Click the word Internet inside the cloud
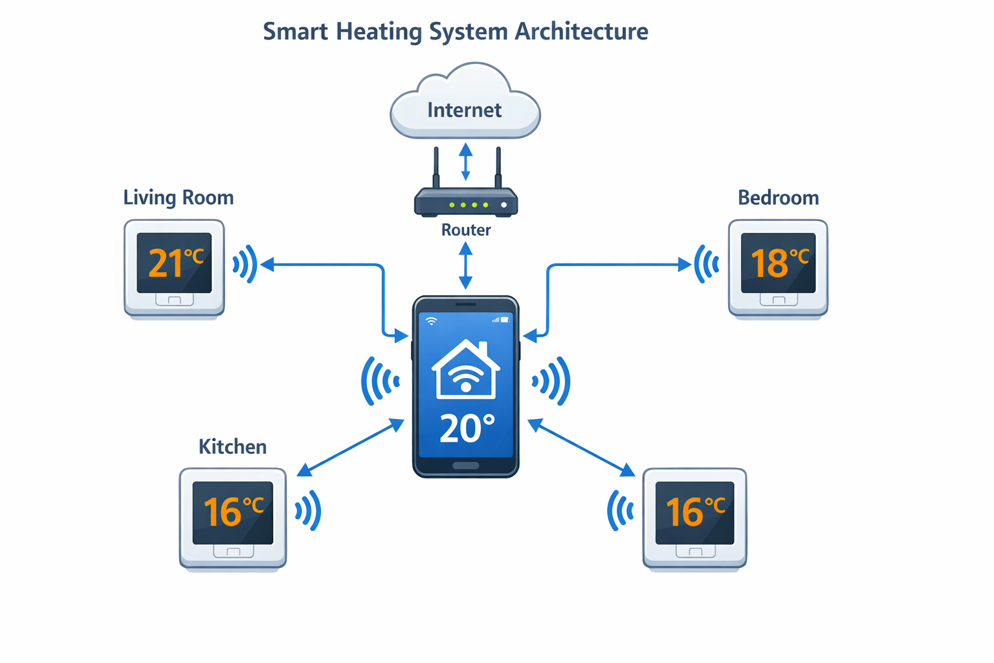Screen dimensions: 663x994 click(464, 110)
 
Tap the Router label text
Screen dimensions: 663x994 click(466, 230)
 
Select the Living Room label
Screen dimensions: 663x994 click(178, 197)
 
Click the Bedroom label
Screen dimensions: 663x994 click(778, 197)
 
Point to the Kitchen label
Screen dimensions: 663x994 click(232, 447)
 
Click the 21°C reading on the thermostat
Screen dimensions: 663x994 click(175, 263)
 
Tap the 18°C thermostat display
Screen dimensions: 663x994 click(779, 263)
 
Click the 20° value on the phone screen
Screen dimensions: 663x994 click(467, 429)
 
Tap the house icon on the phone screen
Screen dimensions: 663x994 click(466, 370)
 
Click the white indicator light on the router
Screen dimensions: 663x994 click(503, 205)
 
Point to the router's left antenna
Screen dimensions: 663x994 click(436, 167)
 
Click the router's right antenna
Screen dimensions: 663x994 click(498, 167)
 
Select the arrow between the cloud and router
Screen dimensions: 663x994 click(466, 162)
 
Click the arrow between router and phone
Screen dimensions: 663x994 click(466, 265)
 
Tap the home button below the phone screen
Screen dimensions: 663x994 click(466, 466)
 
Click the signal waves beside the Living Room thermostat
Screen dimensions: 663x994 click(245, 264)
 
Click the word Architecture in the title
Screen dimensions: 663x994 click(581, 31)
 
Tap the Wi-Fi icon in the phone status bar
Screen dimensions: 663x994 click(431, 320)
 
